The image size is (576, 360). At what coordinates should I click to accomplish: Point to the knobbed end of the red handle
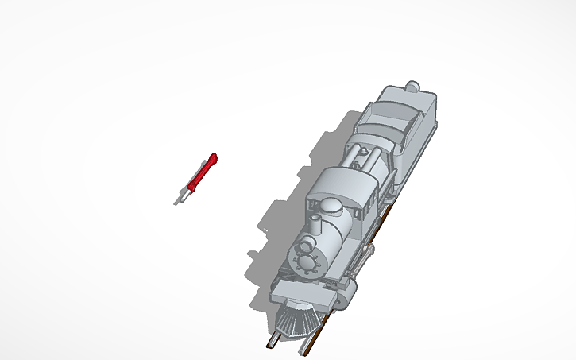click(x=213, y=157)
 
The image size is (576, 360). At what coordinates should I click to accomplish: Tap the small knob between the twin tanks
click(x=368, y=156)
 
